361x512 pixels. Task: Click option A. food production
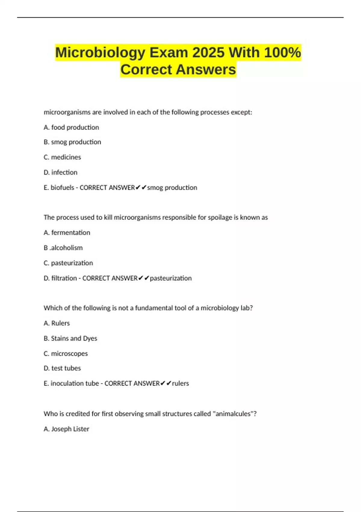click(x=71, y=127)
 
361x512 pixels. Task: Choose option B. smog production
click(x=72, y=142)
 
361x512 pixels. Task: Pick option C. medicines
click(x=62, y=157)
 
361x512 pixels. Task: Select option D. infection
click(x=60, y=172)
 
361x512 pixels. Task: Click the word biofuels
click(x=62, y=188)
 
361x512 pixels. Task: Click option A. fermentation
click(x=67, y=233)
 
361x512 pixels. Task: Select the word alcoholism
click(x=66, y=248)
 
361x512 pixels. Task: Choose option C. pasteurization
click(x=68, y=263)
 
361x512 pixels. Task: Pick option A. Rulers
click(x=57, y=323)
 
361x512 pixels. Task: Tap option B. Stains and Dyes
click(x=70, y=339)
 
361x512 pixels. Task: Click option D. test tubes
click(x=62, y=368)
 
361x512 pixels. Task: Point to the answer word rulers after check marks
click(x=180, y=383)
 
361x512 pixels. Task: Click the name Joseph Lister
click(x=70, y=429)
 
